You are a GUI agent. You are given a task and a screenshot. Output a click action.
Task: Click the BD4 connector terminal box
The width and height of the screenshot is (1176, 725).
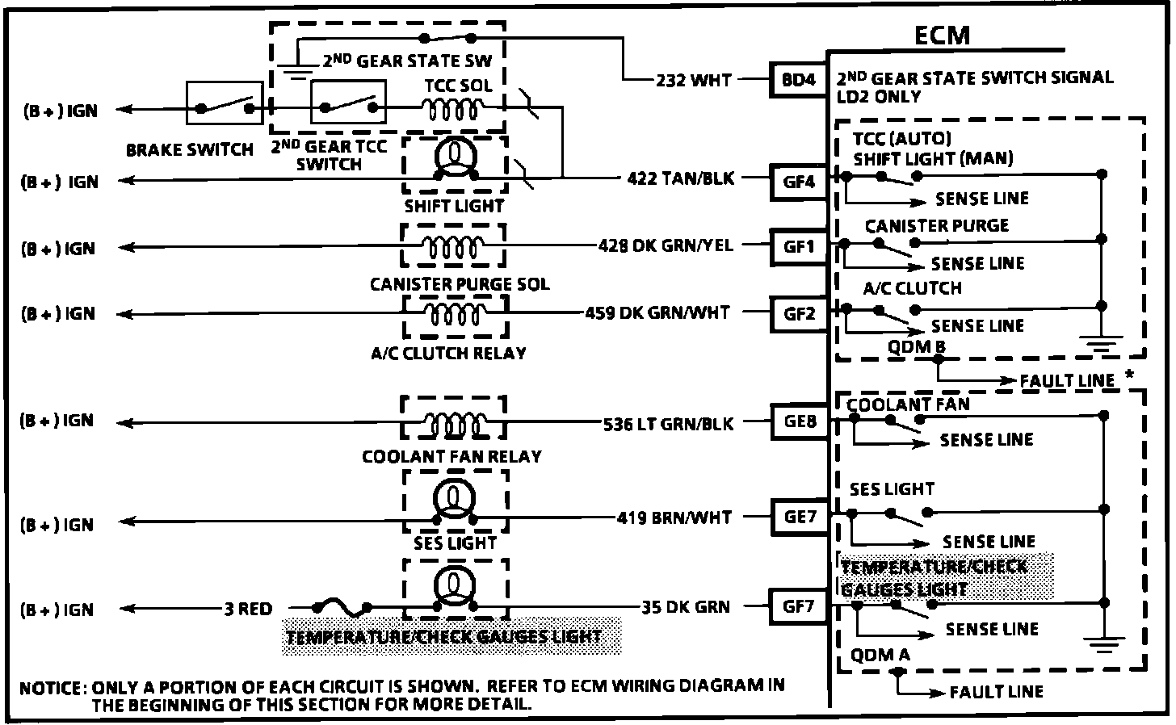800,81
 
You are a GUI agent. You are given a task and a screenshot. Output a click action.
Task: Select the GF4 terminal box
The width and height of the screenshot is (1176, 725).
800,181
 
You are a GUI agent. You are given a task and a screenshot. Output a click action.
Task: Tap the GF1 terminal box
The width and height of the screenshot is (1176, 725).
800,247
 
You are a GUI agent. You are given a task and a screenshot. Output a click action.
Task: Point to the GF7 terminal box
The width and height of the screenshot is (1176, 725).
799,606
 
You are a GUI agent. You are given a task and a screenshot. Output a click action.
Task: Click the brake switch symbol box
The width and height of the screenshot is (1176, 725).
225,103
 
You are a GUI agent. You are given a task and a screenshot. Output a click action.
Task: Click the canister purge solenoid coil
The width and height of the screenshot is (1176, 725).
454,245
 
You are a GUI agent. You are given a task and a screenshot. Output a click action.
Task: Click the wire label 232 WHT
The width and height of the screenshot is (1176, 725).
693,80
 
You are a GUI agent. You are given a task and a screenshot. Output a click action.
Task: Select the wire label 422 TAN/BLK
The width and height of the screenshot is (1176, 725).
681,178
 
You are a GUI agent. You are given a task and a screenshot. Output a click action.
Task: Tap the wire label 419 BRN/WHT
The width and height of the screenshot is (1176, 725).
674,517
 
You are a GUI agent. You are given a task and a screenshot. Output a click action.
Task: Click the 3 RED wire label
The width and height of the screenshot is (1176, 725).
248,609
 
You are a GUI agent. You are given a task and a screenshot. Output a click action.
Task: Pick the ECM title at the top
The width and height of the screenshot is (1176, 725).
942,36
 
